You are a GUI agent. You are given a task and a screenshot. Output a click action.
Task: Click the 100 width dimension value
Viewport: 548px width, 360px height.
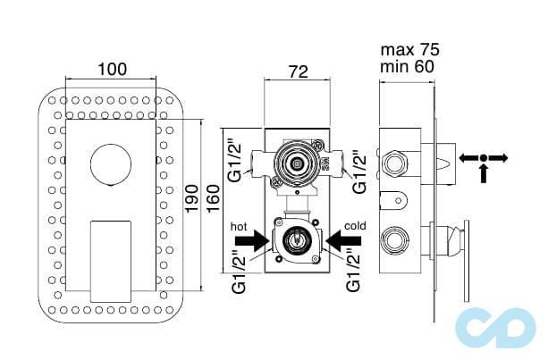113,69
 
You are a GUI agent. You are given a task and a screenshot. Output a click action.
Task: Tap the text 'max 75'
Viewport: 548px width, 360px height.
409,49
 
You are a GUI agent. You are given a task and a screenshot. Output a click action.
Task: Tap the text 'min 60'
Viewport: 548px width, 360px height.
408,66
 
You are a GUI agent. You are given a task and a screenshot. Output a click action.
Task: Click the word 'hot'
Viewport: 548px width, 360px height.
239,226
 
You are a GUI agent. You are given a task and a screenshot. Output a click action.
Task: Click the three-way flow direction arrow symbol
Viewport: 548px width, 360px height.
483,161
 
